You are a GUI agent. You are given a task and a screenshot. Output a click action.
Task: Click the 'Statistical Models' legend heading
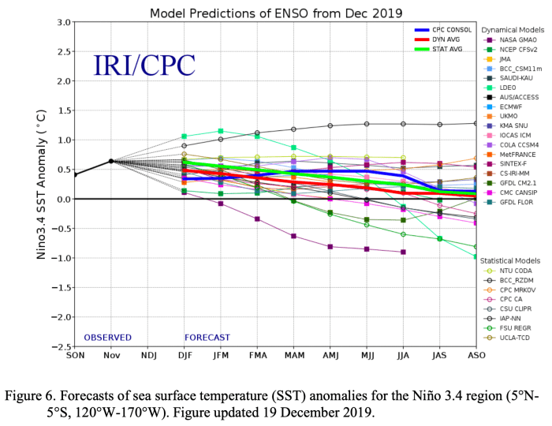click(511, 260)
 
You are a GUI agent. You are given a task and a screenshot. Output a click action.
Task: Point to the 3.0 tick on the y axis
click(62, 21)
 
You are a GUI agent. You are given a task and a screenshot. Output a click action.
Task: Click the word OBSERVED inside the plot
click(108, 338)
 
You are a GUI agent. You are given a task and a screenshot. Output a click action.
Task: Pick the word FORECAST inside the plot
click(207, 338)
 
